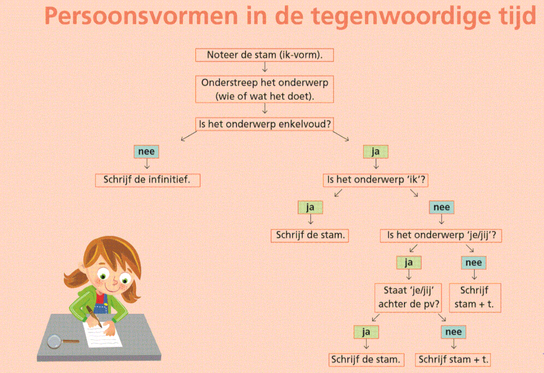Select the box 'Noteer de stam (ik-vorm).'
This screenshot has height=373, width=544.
click(265, 55)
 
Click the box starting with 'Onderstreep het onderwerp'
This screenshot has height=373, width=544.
click(265, 89)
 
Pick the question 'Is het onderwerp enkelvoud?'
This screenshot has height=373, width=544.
click(265, 124)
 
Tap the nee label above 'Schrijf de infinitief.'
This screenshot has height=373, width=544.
click(146, 152)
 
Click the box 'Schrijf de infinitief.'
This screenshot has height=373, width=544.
click(147, 180)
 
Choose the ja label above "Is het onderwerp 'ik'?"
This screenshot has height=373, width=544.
click(375, 152)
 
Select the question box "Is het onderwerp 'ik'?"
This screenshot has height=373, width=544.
click(375, 180)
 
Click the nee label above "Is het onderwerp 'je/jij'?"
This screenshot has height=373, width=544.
click(441, 207)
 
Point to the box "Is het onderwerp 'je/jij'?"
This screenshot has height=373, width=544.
click(441, 235)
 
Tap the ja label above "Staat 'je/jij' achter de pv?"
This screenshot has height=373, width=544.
click(408, 262)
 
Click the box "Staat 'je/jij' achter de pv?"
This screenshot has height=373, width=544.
click(408, 297)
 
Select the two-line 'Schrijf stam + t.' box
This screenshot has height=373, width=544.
click(475, 297)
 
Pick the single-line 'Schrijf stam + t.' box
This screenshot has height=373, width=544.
click(453, 360)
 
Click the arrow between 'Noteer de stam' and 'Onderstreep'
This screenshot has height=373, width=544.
click(265, 67)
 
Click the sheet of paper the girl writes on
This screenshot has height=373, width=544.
click(103, 334)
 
